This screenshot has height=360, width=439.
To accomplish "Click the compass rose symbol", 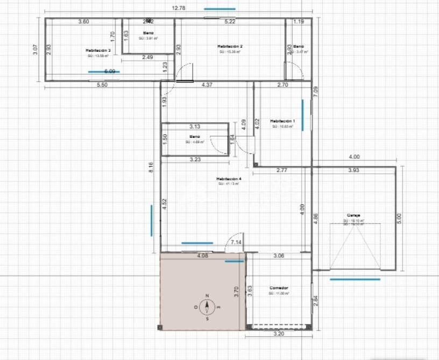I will click(x=207, y=307).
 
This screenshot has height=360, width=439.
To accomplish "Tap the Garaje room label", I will click(x=353, y=215).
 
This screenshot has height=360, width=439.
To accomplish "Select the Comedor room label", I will click(x=279, y=288).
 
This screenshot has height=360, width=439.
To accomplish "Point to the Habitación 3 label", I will click(x=98, y=50).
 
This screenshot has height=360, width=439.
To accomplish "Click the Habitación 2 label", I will click(x=230, y=47).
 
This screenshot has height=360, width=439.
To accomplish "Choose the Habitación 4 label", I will click(x=229, y=179).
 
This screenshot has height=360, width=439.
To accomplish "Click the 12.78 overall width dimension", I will click(x=179, y=8).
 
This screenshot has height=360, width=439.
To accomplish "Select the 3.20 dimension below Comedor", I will click(x=279, y=334).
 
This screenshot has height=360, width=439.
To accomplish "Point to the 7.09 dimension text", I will click(x=316, y=91).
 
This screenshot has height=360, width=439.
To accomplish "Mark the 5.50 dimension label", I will click(x=102, y=85).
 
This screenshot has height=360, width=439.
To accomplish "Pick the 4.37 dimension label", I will click(x=207, y=85).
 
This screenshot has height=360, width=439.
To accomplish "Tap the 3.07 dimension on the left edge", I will click(x=36, y=50).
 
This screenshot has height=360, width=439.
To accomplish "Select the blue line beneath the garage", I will click(x=355, y=279).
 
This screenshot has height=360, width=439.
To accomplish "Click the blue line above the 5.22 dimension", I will click(x=219, y=9).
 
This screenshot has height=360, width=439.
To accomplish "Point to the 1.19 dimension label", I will click(x=299, y=22).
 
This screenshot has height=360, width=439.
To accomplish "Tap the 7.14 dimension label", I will click(x=235, y=243).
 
